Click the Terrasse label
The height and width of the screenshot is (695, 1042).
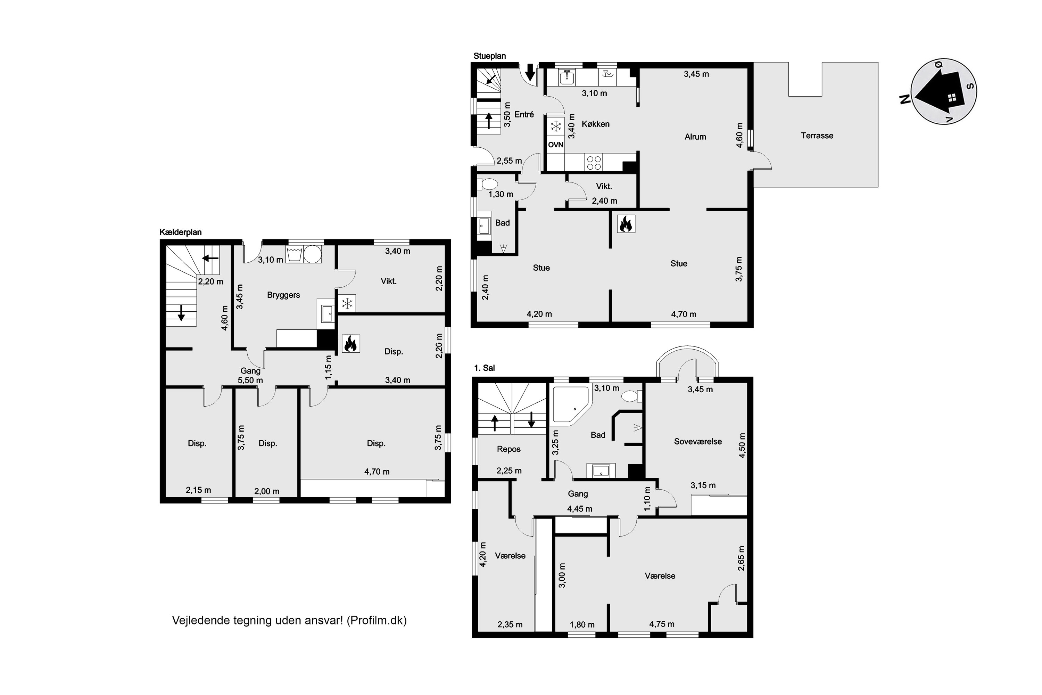click(x=817, y=136)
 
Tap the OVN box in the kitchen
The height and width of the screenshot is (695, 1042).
click(x=555, y=145)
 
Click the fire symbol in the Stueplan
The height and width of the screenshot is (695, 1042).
click(x=626, y=224)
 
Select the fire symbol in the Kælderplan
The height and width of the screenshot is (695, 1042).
click(x=350, y=344)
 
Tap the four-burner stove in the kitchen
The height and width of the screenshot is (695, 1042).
click(x=594, y=162)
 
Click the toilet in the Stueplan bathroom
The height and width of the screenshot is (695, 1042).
click(x=487, y=183)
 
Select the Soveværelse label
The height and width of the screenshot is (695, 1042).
click(x=698, y=441)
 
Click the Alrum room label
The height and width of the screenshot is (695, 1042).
click(x=695, y=137)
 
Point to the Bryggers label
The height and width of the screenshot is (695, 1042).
click(x=283, y=295)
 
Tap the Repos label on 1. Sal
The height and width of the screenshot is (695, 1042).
click(x=508, y=449)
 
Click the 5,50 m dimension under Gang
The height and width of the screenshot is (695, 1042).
click(x=250, y=380)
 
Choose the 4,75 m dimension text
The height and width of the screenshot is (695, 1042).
click(x=662, y=624)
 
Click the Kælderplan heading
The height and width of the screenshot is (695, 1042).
click(x=180, y=232)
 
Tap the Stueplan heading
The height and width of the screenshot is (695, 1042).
click(x=489, y=56)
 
